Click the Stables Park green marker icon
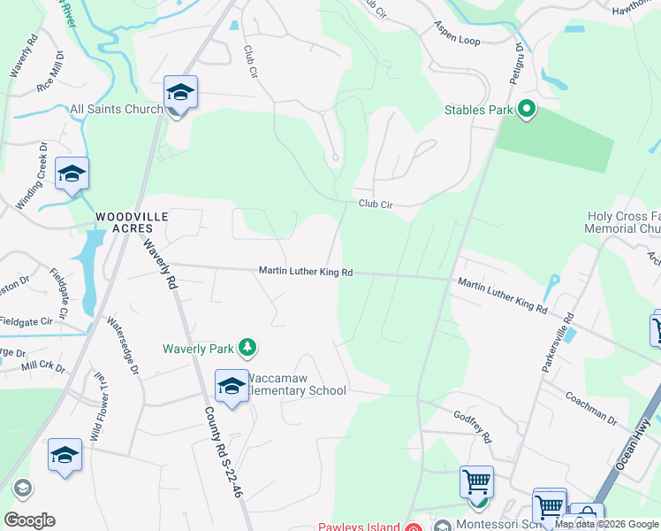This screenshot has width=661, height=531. click(x=528, y=111)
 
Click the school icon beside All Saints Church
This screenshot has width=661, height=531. click(x=180, y=94)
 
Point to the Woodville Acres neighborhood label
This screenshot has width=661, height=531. click(x=133, y=221)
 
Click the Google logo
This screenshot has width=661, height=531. click(x=29, y=520)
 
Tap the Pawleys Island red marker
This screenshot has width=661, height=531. click(x=413, y=528)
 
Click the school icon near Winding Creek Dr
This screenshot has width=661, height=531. click(x=72, y=173)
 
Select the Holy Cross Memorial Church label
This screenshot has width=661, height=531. click(x=624, y=222)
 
